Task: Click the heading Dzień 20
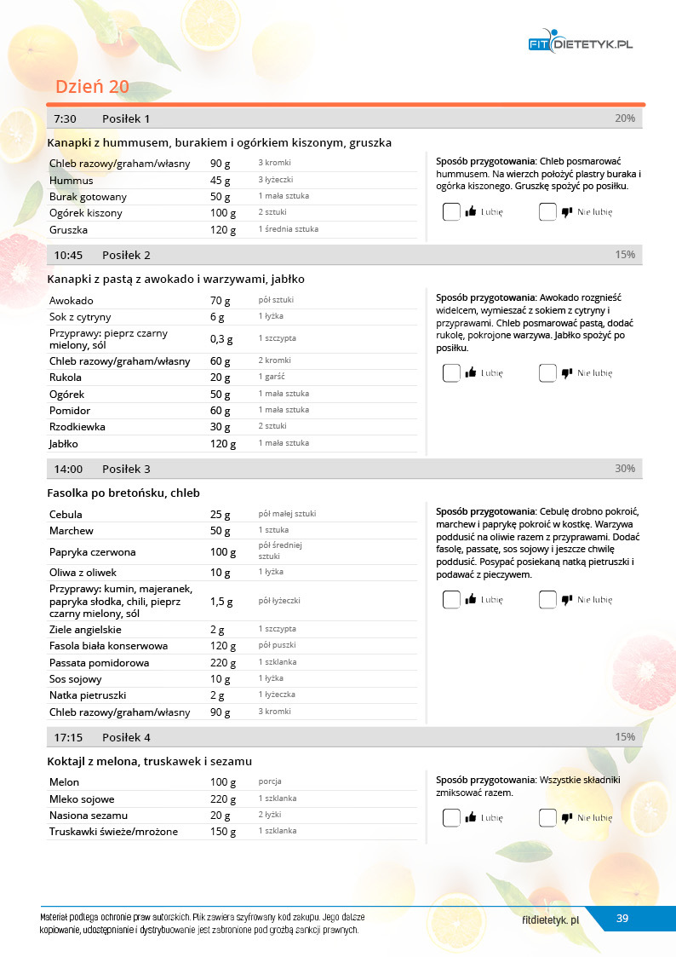click(92, 87)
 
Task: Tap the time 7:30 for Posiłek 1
click(65, 118)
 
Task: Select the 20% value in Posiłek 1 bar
click(624, 118)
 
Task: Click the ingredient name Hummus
click(72, 181)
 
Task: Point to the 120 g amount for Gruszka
click(222, 229)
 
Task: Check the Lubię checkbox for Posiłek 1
click(451, 212)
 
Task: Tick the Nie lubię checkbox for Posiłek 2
click(547, 372)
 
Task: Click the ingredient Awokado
click(72, 301)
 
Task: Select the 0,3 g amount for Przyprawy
click(221, 339)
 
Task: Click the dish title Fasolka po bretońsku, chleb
click(123, 493)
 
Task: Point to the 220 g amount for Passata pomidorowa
click(222, 662)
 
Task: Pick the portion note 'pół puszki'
click(277, 645)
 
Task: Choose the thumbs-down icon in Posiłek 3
click(567, 600)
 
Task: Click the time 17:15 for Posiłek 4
click(68, 737)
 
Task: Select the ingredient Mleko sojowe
click(82, 799)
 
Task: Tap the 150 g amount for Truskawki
click(222, 832)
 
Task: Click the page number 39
click(622, 918)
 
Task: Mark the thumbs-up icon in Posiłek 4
click(470, 818)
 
